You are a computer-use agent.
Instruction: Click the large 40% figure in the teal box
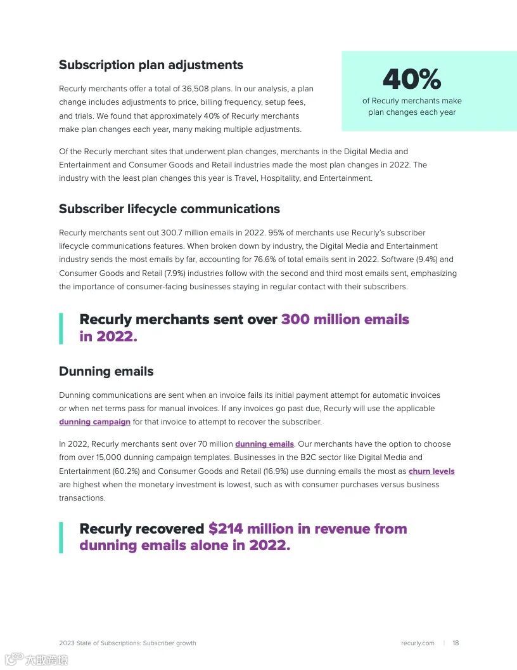(x=411, y=79)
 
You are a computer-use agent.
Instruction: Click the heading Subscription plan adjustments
(x=151, y=65)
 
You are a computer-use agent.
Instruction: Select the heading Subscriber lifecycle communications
(x=169, y=209)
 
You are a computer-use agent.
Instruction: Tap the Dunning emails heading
(x=106, y=371)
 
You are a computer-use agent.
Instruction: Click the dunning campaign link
(x=94, y=422)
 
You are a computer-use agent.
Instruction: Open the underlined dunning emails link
(x=264, y=444)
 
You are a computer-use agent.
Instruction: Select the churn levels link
(x=431, y=471)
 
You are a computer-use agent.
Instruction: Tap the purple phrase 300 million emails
(x=345, y=319)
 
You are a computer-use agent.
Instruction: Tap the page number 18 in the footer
(x=456, y=643)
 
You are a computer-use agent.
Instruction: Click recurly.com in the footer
(x=418, y=643)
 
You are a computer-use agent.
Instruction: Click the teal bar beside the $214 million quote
(x=61, y=537)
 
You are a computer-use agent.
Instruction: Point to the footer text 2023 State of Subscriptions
(x=99, y=643)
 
